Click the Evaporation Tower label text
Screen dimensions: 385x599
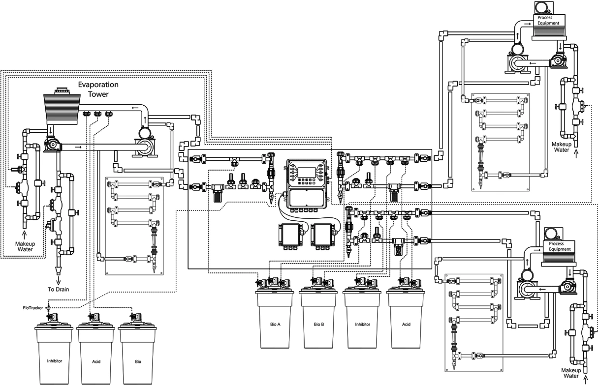(x=98, y=89)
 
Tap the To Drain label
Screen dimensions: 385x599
(x=59, y=289)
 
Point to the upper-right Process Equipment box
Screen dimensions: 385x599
(x=548, y=21)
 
